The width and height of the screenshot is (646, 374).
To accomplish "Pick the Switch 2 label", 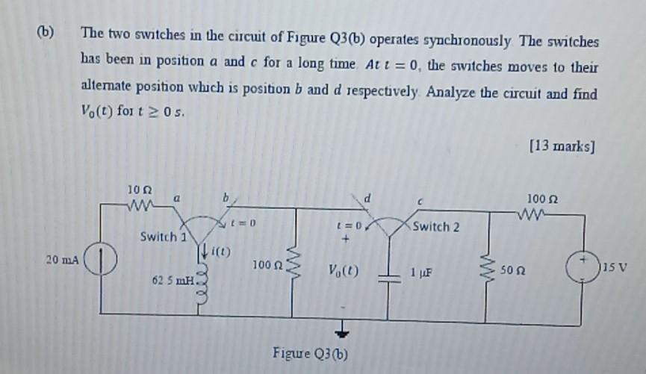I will tap(435, 227).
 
